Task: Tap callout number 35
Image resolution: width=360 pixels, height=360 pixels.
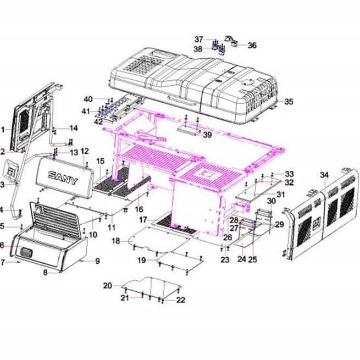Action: (289, 102)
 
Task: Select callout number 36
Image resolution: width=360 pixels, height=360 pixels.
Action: (252, 45)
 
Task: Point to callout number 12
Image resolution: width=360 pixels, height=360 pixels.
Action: (85, 151)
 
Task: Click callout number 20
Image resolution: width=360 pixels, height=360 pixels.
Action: (107, 286)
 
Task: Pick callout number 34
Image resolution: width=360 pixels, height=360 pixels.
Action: (324, 175)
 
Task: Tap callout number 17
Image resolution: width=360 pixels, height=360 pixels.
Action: (143, 220)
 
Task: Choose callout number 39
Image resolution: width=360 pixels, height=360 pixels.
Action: (207, 135)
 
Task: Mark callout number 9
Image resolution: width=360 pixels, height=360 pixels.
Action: (98, 261)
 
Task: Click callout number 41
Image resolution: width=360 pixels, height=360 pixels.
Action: (86, 112)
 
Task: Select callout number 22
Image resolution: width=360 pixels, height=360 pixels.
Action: (181, 300)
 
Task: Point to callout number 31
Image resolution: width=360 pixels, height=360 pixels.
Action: (280, 195)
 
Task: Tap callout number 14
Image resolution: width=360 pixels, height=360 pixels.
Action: (74, 128)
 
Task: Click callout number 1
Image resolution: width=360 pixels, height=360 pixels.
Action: (3, 130)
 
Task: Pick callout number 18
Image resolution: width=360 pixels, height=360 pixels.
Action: (116, 241)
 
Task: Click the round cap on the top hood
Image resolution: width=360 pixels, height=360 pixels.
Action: (248, 82)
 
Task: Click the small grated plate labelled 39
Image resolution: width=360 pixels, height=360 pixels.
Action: (189, 130)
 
